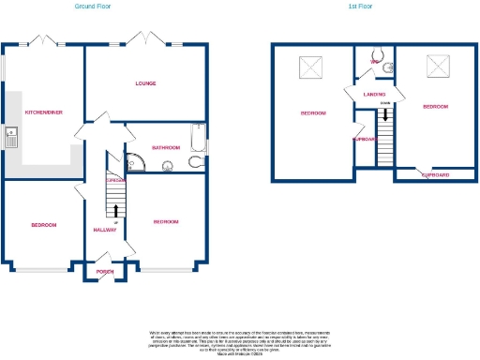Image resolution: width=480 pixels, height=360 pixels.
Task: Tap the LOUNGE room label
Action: [145, 83]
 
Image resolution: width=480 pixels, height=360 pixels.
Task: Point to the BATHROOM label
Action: [167, 147]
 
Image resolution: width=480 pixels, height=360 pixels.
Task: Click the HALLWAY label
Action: [104, 230]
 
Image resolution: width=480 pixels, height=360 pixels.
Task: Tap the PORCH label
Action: [103, 274]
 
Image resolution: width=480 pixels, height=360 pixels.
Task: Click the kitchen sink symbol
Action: [10, 137]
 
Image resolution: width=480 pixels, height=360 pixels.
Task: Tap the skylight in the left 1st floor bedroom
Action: [311, 67]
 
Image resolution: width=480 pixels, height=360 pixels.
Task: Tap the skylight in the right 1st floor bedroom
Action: [437, 66]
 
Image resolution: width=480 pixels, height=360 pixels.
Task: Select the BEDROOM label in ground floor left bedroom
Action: [44, 225]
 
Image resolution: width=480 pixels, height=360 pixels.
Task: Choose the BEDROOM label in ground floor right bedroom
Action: [166, 221]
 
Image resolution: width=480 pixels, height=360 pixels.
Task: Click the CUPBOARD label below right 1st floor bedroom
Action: [434, 175]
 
